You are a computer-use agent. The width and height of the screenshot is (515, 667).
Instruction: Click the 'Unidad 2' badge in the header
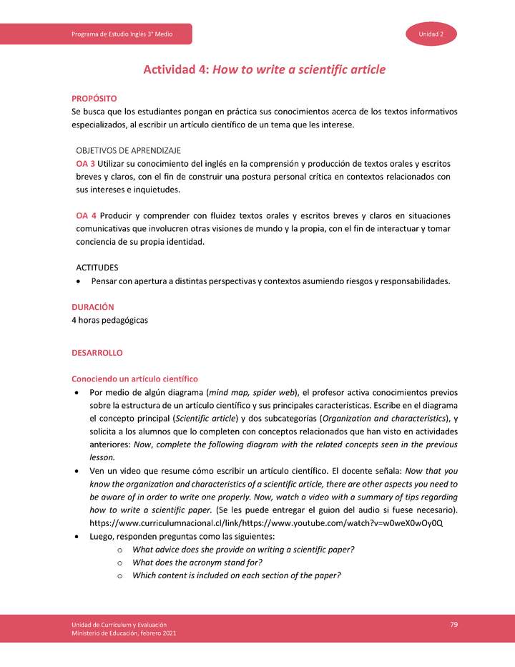click(x=431, y=34)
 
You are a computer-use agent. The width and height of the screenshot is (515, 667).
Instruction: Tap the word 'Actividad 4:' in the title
click(x=177, y=69)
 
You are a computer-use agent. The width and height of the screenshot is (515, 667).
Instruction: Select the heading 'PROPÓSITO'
click(x=94, y=98)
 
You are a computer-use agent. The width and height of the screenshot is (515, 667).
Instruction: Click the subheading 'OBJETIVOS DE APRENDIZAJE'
click(x=128, y=151)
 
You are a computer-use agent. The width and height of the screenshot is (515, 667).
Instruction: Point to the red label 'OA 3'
click(x=86, y=164)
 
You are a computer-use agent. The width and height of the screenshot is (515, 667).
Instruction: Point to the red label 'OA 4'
click(x=86, y=215)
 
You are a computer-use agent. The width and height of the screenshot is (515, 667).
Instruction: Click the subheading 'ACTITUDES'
click(x=97, y=267)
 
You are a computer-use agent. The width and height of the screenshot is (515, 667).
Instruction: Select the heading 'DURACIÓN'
click(x=93, y=306)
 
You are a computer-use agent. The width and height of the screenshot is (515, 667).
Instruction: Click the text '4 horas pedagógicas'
click(x=109, y=320)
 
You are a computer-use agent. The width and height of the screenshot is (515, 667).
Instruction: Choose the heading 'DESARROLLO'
click(x=97, y=353)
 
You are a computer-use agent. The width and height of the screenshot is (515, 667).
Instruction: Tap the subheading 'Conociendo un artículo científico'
click(x=134, y=379)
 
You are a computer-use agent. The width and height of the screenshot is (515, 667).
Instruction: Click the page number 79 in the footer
click(x=453, y=625)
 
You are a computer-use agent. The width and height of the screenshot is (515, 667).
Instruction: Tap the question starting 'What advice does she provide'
click(x=243, y=549)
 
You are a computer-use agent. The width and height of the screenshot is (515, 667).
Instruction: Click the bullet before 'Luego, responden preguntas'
click(x=77, y=536)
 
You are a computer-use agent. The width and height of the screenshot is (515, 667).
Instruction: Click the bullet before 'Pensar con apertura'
click(x=78, y=281)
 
